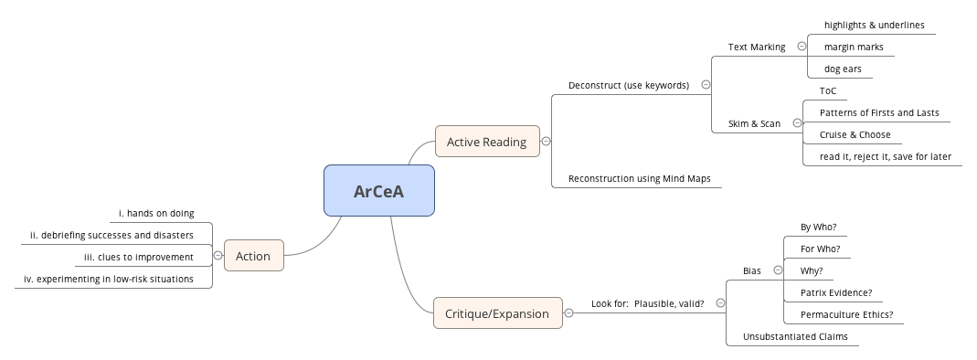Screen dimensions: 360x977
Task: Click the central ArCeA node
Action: point(378,191)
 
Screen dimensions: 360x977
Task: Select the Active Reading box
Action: point(486,142)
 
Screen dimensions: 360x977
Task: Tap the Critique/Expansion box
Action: point(497,313)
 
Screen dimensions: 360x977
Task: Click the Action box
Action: point(253,256)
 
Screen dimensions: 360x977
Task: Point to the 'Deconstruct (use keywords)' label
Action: point(628,85)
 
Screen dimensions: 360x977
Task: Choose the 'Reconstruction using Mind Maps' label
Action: point(639,178)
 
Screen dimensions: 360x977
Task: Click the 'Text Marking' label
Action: point(756,47)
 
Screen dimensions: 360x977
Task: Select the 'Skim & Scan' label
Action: point(754,123)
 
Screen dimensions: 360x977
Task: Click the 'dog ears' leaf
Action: point(842,69)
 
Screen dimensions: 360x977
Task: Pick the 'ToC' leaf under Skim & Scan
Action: point(827,90)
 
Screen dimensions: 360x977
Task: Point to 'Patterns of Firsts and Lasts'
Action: point(878,112)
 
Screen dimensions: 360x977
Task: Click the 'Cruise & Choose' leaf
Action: point(855,134)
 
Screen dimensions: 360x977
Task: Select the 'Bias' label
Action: point(751,270)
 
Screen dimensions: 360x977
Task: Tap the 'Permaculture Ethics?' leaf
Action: point(846,314)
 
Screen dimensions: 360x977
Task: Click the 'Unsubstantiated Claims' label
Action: point(795,336)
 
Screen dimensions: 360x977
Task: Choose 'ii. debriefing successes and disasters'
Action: point(112,235)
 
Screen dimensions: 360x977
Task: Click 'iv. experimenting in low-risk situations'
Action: point(108,279)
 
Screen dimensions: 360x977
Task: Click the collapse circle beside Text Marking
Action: point(802,47)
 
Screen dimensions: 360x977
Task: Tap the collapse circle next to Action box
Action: point(218,256)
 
